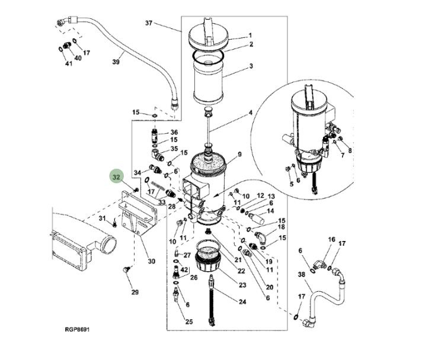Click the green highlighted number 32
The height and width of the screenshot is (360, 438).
tap(117, 176)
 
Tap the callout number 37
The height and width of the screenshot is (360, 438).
tap(149, 23)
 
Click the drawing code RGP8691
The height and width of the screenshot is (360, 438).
tap(78, 329)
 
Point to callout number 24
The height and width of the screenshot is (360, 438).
tap(242, 301)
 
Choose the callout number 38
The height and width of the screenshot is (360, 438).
tap(302, 275)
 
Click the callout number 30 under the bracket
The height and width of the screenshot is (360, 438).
tap(151, 261)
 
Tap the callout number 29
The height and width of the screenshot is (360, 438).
tap(135, 292)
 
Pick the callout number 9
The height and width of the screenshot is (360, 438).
tap(240, 155)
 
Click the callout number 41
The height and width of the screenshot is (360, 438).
tap(68, 63)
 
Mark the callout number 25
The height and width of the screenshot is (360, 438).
tap(189, 322)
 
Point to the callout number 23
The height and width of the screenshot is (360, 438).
tap(242, 285)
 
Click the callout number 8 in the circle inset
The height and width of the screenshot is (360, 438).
tap(350, 150)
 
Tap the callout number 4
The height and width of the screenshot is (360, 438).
tap(250, 112)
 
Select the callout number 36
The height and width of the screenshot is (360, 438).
tap(174, 132)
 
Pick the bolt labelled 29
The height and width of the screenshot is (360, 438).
tap(126, 270)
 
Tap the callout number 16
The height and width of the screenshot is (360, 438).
tap(332, 239)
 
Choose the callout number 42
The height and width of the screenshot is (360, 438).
tap(185, 269)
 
